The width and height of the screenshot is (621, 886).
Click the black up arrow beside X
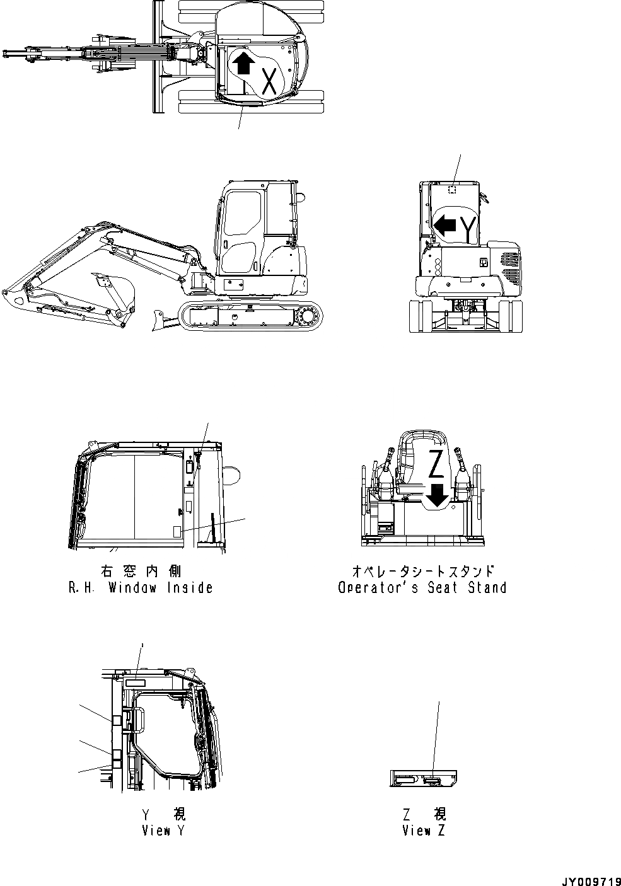click(x=243, y=62)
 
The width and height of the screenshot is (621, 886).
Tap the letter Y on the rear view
click(x=467, y=228)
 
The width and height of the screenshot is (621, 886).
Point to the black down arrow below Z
click(x=437, y=496)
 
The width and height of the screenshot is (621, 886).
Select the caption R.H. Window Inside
click(x=140, y=587)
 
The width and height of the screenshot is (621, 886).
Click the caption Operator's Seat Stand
click(x=422, y=587)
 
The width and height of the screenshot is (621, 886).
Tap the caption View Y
click(x=163, y=831)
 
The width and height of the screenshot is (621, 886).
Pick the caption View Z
click(x=424, y=831)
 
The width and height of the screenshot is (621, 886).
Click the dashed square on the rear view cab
click(x=452, y=190)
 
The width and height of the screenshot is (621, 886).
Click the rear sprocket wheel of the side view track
click(x=309, y=315)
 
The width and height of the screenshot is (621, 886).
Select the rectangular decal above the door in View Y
click(x=135, y=682)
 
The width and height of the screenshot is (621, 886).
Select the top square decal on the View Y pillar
click(x=117, y=721)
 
